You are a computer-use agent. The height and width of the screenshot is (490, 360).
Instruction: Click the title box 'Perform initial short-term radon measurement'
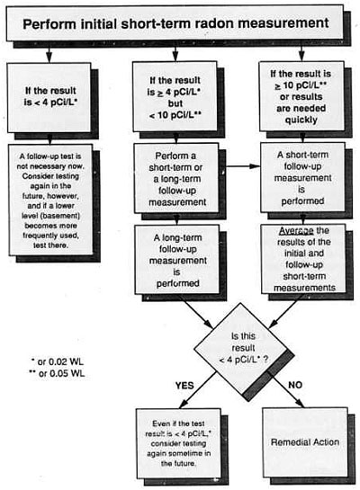pos(175,22)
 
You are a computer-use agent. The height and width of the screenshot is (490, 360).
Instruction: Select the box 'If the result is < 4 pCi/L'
pos(49,97)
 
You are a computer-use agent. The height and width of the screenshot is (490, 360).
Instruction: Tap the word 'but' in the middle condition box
pos(175,103)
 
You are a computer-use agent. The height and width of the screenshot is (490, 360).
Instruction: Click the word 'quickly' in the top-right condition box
pos(301,120)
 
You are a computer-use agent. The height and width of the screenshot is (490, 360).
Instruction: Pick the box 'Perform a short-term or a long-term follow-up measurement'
pos(176,178)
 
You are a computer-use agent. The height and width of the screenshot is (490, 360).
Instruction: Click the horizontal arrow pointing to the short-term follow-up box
pos(243,166)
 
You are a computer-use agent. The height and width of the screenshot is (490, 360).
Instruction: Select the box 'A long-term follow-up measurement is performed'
pos(177,260)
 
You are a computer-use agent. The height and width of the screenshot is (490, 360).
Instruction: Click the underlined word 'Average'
pos(296,231)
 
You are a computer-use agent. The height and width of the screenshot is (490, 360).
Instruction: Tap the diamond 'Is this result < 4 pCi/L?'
pos(243,348)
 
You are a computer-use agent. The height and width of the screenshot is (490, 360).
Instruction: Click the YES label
pos(184,386)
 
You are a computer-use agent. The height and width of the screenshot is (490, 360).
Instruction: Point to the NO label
pos(295,385)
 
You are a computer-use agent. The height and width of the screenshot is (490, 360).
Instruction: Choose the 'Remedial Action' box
pos(305,442)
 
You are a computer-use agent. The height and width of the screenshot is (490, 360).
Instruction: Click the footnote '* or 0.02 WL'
pos(58,361)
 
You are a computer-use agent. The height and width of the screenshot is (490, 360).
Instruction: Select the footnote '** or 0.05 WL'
pos(57,373)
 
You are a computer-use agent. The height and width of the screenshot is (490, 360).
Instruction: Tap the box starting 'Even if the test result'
pos(178,443)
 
